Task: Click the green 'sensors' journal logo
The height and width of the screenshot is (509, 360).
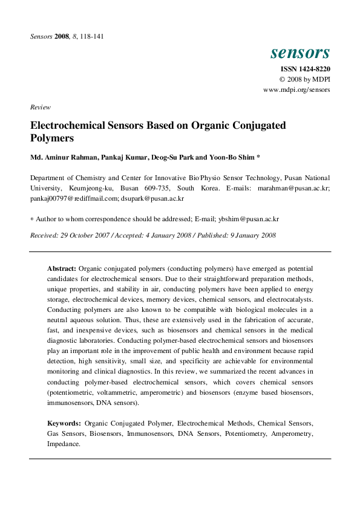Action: coord(300,53)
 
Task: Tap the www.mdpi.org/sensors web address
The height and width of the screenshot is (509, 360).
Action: coord(296,89)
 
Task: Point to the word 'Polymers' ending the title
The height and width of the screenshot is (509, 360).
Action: coord(51,138)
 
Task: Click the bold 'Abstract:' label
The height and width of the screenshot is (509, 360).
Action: coord(62,268)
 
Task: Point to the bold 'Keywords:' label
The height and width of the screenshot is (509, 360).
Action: coord(64,424)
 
